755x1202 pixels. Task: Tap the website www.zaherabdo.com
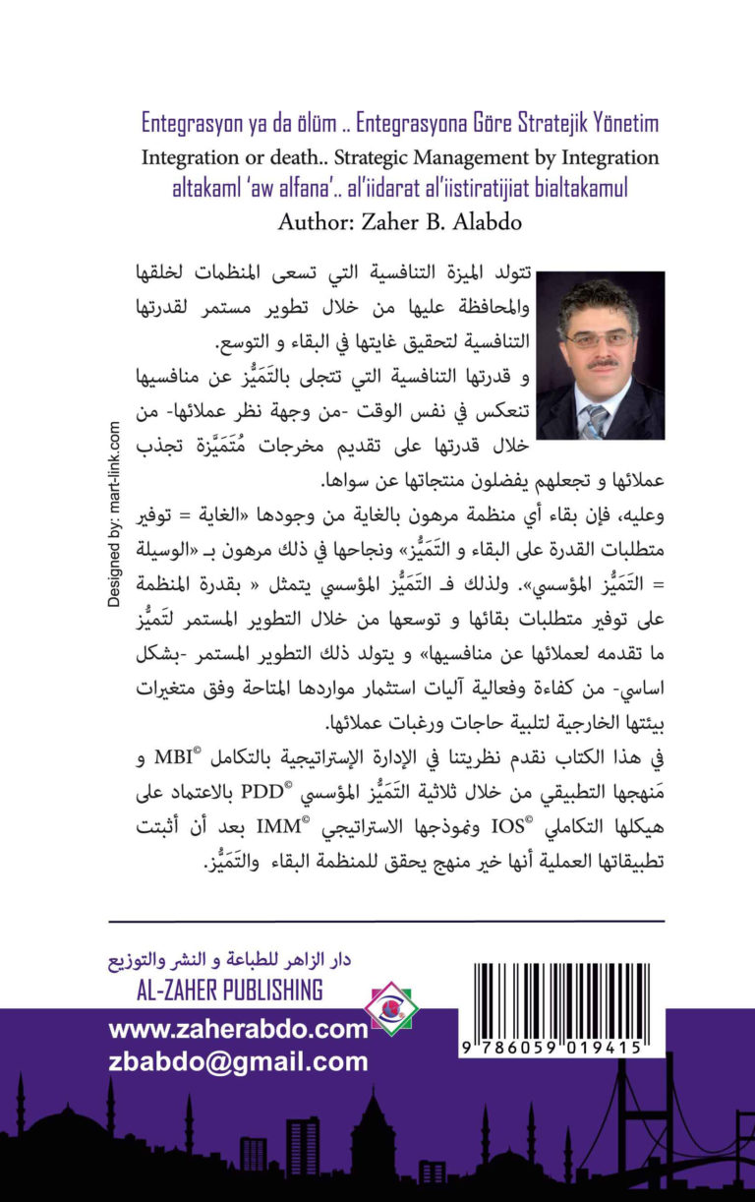coord(238,1030)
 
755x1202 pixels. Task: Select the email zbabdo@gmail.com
coord(238,1061)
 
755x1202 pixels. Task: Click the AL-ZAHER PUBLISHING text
coord(231,990)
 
